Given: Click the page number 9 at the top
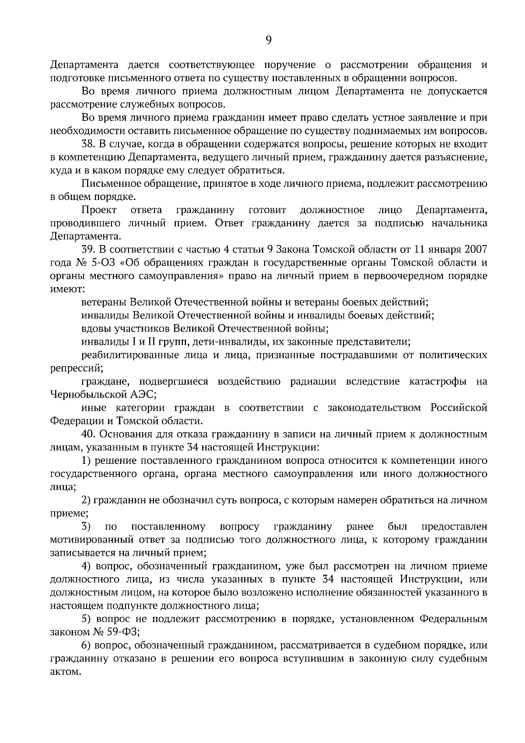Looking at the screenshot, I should coord(269,40).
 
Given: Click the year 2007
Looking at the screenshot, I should coord(474,249).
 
